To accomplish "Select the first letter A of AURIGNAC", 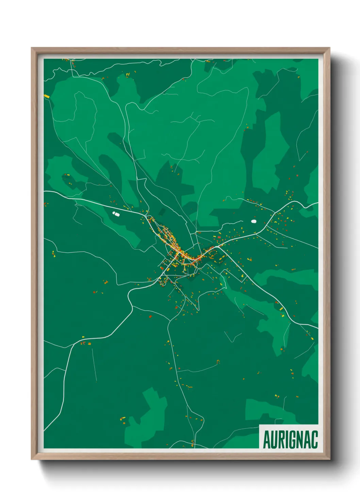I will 267,440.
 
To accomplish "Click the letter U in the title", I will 274,440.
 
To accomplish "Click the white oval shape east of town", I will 253,221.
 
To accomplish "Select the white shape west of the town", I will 116,214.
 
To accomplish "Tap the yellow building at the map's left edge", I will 47,96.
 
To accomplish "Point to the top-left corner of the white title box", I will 260,425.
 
